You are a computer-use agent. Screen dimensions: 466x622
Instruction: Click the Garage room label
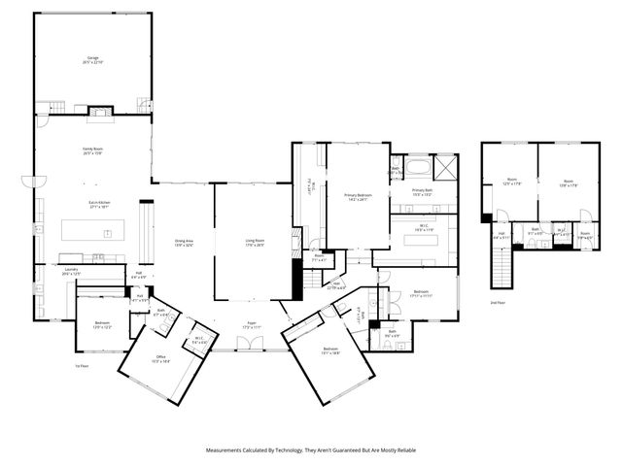click(92, 61)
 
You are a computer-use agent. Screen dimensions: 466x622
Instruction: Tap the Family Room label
click(92, 150)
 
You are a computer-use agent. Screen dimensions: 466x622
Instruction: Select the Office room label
click(161, 360)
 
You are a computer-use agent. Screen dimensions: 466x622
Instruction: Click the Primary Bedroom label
click(358, 197)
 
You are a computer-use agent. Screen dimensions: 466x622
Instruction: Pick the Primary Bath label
click(422, 192)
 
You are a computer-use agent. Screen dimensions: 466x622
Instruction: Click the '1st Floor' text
click(83, 366)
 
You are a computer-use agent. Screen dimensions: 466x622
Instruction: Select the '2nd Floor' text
click(499, 304)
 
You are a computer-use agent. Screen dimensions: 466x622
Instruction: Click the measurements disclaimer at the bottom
click(311, 450)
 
